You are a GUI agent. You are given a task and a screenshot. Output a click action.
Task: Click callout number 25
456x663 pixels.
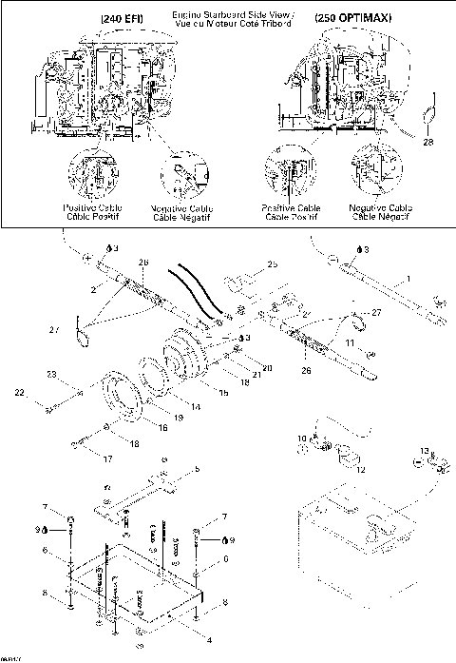tap(272, 263)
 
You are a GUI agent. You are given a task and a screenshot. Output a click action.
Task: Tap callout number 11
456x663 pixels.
tap(350, 341)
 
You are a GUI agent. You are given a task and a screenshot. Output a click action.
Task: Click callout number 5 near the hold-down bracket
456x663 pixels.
tap(198, 469)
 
